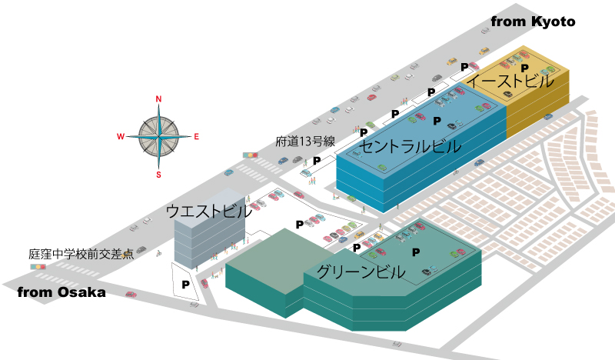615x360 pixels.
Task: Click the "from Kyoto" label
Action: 533,22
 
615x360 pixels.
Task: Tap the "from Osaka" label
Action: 61,292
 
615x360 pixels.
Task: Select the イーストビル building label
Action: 510,82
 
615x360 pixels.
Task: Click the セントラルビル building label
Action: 411,146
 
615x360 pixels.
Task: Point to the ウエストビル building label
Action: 209,211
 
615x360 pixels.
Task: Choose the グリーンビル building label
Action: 361,272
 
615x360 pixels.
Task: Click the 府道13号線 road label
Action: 305,142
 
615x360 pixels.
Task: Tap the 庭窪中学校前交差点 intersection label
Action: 81,254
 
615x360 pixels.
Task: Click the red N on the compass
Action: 158,99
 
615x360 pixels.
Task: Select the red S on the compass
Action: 158,175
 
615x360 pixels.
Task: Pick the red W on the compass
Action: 121,137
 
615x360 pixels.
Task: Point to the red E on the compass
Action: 197,137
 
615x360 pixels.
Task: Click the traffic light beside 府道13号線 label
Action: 251,155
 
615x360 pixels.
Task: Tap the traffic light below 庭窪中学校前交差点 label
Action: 38,267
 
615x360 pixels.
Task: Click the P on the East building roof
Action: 525,68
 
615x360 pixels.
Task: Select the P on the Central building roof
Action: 437,121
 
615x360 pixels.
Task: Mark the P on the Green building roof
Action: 416,252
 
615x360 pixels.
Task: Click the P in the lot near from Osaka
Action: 185,285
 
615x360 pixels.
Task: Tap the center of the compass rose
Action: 158,137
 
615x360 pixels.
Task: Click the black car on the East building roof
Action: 507,94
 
